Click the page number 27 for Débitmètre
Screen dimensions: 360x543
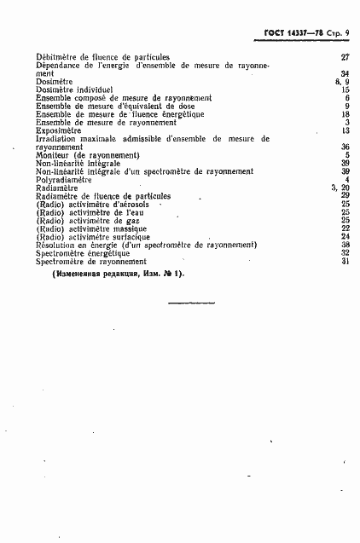[345, 57]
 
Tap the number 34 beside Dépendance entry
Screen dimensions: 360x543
[345, 73]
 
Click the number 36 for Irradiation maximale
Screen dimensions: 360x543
[345, 147]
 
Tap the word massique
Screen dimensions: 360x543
[134, 228]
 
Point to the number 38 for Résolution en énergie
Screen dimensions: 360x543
[345, 245]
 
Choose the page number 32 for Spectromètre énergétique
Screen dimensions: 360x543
[345, 252]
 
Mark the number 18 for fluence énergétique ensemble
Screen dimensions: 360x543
[345, 113]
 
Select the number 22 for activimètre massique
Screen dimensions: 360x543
[345, 228]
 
